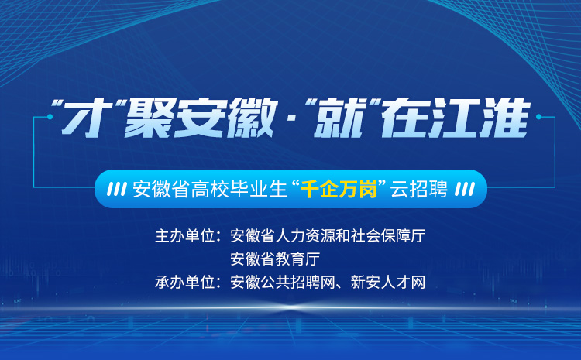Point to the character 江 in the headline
coord(455,118)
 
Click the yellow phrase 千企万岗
coord(339,189)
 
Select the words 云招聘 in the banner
coord(419,189)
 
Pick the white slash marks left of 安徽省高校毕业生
coord(117,189)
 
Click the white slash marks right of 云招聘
coord(465,189)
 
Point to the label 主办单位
coord(185,236)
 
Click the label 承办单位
coord(185,283)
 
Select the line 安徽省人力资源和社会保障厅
coord(328,236)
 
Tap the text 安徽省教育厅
coord(275,259)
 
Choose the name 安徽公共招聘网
coord(283,283)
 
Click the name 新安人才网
coord(388,283)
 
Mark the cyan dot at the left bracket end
coord(50,117)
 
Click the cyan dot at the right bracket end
coord(538,117)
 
